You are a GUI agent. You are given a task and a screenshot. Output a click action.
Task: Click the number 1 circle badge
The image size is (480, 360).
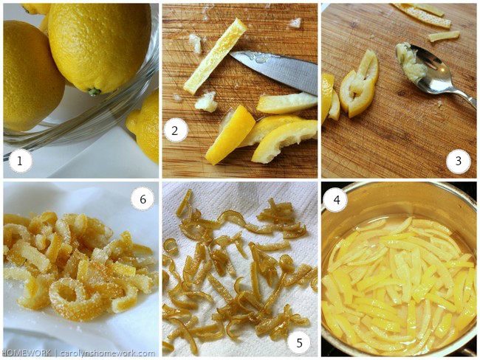point(20,161)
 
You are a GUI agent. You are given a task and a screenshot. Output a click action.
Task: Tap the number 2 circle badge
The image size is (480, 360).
point(176,131)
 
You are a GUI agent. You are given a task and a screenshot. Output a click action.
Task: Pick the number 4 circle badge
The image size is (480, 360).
point(336,200)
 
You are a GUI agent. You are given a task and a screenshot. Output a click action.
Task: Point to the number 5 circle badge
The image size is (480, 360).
point(299,342)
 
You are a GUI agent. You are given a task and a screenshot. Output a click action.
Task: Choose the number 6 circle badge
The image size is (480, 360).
point(143,199)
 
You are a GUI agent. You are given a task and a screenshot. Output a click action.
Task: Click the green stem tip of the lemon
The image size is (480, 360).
point(95,91)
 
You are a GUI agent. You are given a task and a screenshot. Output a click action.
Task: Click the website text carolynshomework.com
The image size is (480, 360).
point(107,353)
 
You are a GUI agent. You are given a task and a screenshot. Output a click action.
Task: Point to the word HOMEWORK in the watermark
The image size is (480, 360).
point(26,353)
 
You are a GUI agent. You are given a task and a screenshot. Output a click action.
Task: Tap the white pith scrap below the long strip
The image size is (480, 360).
point(206,102)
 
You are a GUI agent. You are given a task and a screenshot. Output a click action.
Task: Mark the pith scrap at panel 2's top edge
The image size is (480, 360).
point(295,22)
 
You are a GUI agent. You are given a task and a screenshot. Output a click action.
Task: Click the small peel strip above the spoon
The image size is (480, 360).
point(444,36)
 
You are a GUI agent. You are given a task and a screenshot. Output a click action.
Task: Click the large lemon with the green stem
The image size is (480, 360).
point(100,46)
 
